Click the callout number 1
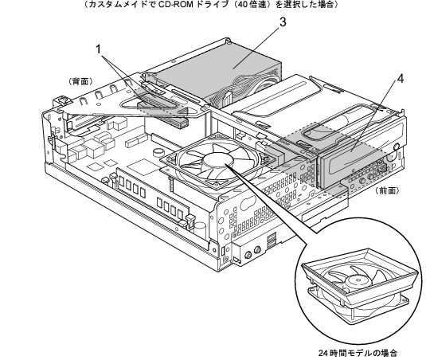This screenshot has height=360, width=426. tap(98, 49)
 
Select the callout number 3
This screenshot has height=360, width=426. tap(283, 22)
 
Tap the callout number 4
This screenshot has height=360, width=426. tap(401, 79)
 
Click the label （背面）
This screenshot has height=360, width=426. tap(81, 81)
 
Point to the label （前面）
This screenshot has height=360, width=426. tap(388, 190)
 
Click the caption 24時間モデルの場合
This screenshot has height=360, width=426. tap(358, 353)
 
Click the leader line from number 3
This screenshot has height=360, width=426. tap(256, 46)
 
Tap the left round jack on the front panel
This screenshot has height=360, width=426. tap(248, 255)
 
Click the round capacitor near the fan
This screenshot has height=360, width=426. tap(158, 151)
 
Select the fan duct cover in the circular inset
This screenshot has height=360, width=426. tap(360, 275)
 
